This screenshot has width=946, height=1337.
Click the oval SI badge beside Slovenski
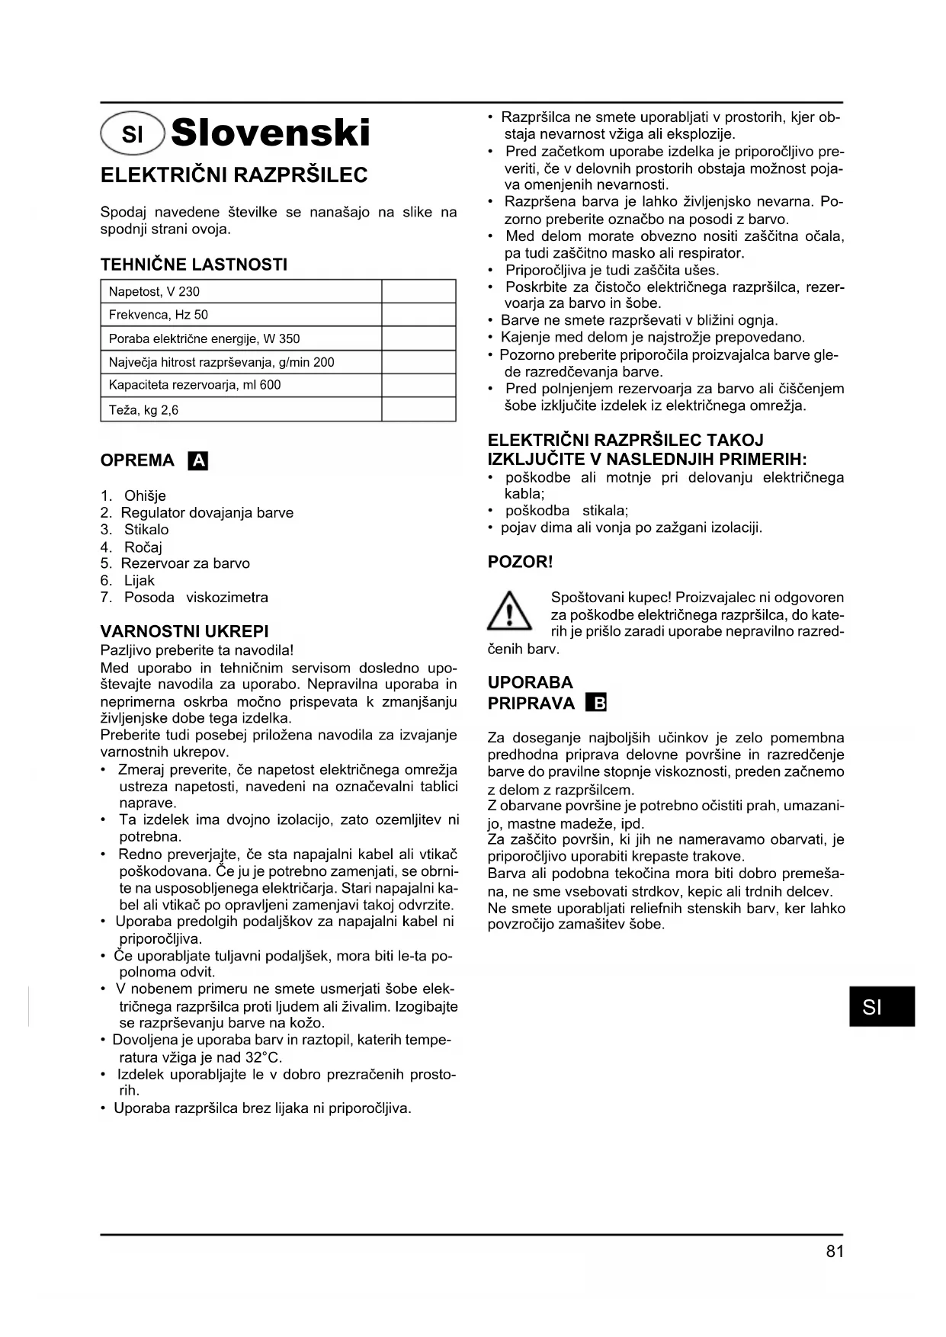coord(133,134)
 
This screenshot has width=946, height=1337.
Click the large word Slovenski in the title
coord(271,133)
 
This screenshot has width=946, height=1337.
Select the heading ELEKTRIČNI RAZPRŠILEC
coord(234,175)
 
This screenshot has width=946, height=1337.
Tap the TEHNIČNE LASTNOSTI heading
coord(194,265)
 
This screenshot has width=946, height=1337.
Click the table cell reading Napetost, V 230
coord(240,291)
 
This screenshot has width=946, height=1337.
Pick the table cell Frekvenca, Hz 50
coord(240,315)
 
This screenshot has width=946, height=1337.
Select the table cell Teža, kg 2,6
coord(240,409)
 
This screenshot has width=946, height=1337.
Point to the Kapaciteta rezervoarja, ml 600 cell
coord(240,385)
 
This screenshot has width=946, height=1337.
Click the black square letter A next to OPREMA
coord(198,460)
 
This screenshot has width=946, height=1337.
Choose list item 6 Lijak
coord(128,580)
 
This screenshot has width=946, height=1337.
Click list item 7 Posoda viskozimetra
coord(184,597)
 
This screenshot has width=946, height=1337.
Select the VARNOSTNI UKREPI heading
coord(184,631)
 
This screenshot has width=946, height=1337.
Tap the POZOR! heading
coord(520,562)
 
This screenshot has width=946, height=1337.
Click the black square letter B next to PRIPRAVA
coord(596,703)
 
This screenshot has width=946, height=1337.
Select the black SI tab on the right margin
coord(881,1006)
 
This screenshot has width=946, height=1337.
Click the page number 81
coord(834,1252)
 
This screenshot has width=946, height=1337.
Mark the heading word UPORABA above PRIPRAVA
coord(531,682)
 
